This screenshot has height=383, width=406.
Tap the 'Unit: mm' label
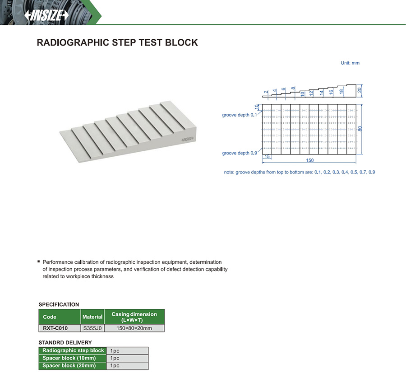[350, 63]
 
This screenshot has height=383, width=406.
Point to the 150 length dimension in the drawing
[310, 160]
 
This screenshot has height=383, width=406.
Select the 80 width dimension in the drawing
[360, 129]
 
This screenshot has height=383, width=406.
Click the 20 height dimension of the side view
[360, 89]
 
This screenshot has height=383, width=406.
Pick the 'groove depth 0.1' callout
[239, 115]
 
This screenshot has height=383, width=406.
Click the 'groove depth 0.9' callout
[239, 153]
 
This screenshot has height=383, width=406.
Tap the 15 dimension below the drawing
[267, 156]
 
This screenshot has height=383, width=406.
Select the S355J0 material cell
[92, 328]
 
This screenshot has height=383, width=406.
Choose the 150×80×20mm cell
[134, 328]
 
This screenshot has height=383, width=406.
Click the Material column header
[92, 317]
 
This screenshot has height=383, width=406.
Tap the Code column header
[49, 317]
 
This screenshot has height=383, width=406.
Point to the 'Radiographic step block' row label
[73, 350]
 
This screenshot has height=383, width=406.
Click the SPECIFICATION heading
[59, 304]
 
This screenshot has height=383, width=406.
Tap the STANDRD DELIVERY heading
[65, 342]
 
